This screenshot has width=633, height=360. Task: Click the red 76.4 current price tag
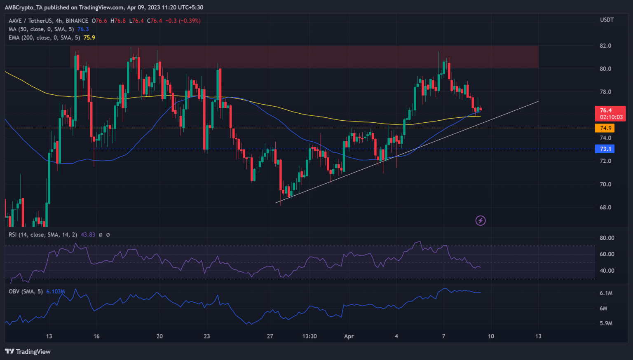[606, 110]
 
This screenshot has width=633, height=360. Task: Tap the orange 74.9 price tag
[605, 128]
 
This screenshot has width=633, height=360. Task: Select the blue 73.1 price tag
[605, 149]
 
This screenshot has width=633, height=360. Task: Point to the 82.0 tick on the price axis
[605, 46]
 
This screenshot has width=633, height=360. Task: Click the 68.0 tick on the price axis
[605, 207]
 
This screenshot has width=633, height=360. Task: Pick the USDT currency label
[607, 20]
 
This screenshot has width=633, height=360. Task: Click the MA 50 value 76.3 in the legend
[83, 29]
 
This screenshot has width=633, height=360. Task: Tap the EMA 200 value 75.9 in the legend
[89, 37]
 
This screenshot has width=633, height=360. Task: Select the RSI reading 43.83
[88, 235]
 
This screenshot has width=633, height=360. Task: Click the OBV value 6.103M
[55, 292]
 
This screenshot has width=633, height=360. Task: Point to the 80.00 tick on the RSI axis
[607, 238]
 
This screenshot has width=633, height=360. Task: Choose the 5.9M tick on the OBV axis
[606, 323]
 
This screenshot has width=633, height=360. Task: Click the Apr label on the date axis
[349, 336]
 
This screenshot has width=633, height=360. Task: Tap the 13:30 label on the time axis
[309, 336]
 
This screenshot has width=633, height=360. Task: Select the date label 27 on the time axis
[270, 336]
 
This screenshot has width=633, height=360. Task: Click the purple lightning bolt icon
[481, 220]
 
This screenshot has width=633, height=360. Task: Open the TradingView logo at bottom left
[28, 351]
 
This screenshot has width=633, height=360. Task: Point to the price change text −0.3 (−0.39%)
[183, 21]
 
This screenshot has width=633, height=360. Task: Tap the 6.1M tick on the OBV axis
[606, 293]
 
